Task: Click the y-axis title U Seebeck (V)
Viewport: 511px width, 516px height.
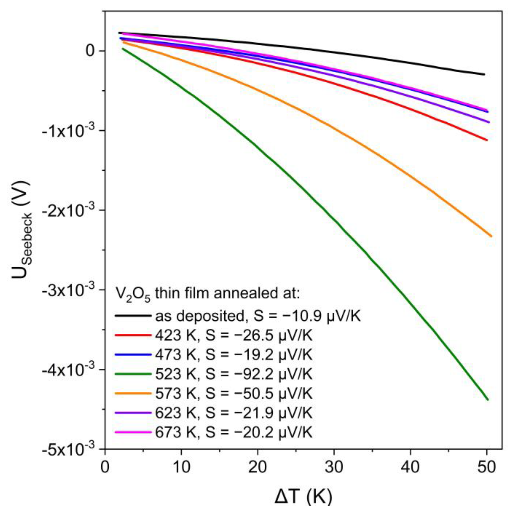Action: (23, 230)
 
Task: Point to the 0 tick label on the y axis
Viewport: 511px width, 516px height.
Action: (91, 51)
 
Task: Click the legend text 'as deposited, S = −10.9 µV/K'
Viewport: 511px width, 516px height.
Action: (258, 316)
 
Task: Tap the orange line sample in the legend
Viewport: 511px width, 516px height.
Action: (133, 393)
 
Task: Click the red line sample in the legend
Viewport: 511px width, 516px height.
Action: (133, 335)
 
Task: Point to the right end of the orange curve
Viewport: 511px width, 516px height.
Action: (491, 236)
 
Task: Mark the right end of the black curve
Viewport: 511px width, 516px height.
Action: (484, 74)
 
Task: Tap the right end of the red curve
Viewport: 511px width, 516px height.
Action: (487, 140)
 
